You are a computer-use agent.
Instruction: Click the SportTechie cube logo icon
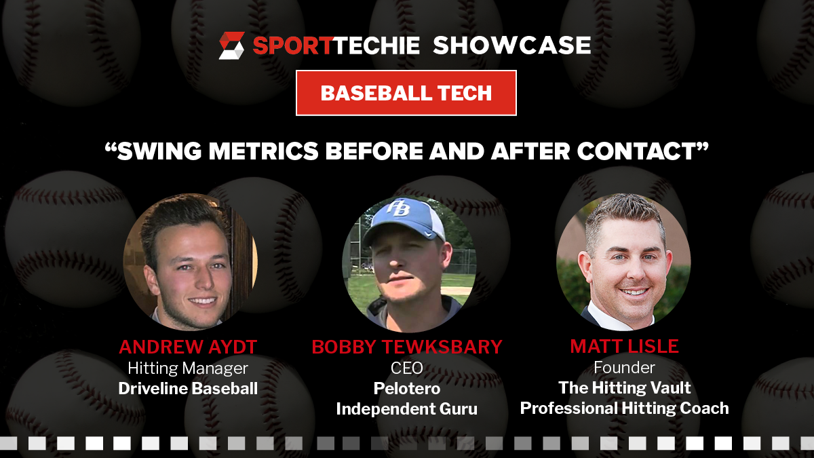[x=231, y=45]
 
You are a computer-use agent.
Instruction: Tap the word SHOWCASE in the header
[x=512, y=45]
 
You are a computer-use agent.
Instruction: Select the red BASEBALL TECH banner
[x=406, y=93]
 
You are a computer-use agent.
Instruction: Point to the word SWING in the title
[x=159, y=151]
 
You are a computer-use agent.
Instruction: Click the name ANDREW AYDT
[x=188, y=347]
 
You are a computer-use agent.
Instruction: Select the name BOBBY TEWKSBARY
[x=407, y=347]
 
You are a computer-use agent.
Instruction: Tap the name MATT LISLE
[x=624, y=346]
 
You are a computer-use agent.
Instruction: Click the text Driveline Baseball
[x=188, y=388]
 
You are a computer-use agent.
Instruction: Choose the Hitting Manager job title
[x=188, y=368]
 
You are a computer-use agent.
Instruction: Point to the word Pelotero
[x=407, y=388]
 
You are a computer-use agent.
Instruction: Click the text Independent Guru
[x=406, y=408]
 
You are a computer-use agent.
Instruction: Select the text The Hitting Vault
[x=624, y=387]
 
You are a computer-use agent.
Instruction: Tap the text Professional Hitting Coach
[x=624, y=408]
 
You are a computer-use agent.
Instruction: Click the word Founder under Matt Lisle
[x=624, y=368]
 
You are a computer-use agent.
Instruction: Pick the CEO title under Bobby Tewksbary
[x=406, y=368]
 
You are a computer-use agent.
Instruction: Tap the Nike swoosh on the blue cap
[x=428, y=233]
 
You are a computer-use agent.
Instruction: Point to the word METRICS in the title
[x=263, y=151]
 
